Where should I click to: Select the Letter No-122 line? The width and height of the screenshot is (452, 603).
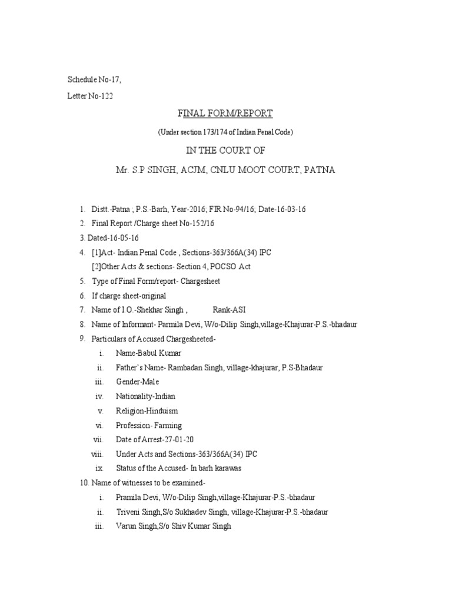tap(90, 97)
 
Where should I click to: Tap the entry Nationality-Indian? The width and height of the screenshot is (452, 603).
tap(145, 396)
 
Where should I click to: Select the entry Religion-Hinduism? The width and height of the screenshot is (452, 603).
tap(147, 411)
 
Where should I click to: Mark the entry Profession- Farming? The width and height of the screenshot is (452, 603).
tap(149, 425)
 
